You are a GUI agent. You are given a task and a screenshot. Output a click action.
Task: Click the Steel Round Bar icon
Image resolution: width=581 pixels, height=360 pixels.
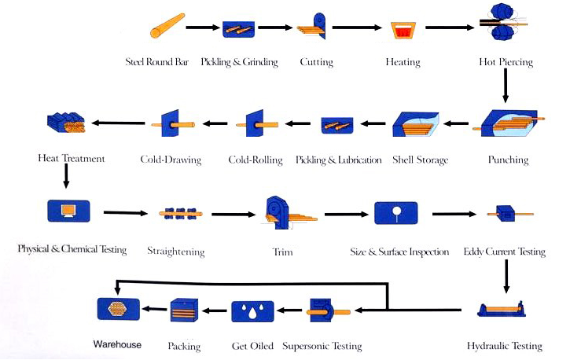pos(166,27)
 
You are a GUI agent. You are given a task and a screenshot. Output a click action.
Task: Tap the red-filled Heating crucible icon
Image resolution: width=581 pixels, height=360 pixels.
pos(403,31)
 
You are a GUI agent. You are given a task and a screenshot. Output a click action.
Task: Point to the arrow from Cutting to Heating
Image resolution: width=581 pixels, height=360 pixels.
pos(358,28)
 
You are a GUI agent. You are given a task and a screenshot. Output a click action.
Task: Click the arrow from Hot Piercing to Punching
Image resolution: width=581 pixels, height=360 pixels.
pos(505,89)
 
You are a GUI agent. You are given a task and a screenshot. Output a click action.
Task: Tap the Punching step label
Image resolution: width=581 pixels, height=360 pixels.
pos(507,160)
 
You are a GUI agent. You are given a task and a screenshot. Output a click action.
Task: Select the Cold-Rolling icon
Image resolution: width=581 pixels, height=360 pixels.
pos(255,123)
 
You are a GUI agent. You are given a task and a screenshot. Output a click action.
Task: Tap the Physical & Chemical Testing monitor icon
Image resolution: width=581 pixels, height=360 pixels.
pos(68,211)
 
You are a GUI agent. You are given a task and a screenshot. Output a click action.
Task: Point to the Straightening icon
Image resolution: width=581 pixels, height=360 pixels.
pos(179,212)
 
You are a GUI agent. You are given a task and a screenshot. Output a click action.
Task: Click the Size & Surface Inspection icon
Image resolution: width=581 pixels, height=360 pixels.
pos(395,213)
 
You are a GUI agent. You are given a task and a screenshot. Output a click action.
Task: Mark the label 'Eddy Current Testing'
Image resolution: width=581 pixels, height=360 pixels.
pos(504,252)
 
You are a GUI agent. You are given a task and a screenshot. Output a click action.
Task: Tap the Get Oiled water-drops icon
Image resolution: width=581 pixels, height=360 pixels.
pos(252,312)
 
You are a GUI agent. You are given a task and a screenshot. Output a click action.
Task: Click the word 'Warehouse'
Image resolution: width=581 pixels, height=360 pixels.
pos(117,344)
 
